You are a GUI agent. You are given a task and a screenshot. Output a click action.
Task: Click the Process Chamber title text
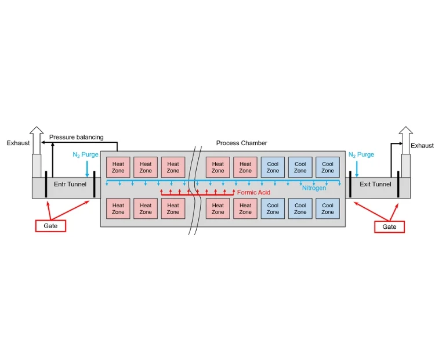coord(241,143)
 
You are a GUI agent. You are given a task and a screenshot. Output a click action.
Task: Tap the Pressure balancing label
coord(76,138)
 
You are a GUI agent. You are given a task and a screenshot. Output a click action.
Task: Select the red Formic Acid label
coord(253,192)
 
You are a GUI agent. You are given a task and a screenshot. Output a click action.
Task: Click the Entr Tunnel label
coord(70,185)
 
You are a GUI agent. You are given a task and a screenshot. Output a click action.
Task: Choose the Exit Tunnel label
coord(375,185)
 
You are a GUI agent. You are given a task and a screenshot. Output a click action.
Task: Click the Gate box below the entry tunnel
coord(50,225)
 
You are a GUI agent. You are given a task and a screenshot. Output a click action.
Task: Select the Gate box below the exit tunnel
coord(389,226)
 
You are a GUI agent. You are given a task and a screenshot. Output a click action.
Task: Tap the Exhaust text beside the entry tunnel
coord(18,143)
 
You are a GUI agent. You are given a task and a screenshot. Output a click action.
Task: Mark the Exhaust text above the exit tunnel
coord(422,146)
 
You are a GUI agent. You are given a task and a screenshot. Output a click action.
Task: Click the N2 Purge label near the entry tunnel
coord(85,155)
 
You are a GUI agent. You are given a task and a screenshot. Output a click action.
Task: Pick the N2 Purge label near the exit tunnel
coord(361,155)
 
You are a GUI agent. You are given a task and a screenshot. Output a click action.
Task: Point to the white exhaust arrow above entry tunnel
coord(37,139)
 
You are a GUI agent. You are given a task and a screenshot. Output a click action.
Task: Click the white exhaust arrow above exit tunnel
coord(405,139)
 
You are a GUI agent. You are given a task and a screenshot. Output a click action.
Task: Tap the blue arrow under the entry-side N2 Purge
coord(87,170)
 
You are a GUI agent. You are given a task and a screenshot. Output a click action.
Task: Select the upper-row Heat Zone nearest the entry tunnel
coord(118,168)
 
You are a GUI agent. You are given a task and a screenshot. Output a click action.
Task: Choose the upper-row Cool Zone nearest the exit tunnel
coord(328,168)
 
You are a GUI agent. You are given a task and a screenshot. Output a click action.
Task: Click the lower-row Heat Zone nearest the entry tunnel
coord(118,208)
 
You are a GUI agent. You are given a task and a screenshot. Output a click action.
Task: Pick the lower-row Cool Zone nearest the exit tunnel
coord(328,208)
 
